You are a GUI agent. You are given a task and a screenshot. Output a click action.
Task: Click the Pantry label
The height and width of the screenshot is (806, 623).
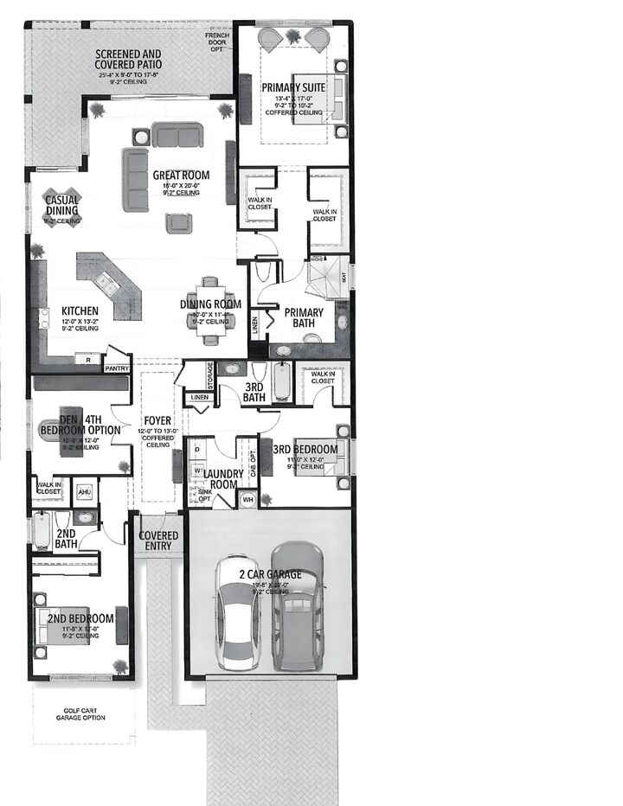click(x=116, y=368)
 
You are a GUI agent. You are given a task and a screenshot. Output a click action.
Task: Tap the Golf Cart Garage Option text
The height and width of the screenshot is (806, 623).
click(x=84, y=719)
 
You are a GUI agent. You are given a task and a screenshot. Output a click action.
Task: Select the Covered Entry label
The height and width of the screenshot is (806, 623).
click(x=159, y=541)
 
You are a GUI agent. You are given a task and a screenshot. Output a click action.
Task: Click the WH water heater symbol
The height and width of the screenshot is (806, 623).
click(x=247, y=499)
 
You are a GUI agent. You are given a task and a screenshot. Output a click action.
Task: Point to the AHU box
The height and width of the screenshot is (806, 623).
click(x=84, y=492)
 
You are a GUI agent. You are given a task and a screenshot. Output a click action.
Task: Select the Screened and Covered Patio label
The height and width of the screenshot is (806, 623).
click(x=129, y=60)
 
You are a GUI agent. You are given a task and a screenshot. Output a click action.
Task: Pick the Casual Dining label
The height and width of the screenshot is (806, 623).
click(x=61, y=205)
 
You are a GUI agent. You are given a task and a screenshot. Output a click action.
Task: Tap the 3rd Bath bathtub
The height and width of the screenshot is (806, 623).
click(x=283, y=382)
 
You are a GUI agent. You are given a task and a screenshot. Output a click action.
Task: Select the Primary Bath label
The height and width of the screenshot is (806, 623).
click(x=304, y=317)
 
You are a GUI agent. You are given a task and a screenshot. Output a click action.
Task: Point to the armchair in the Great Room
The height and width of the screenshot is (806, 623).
click(x=179, y=222)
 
